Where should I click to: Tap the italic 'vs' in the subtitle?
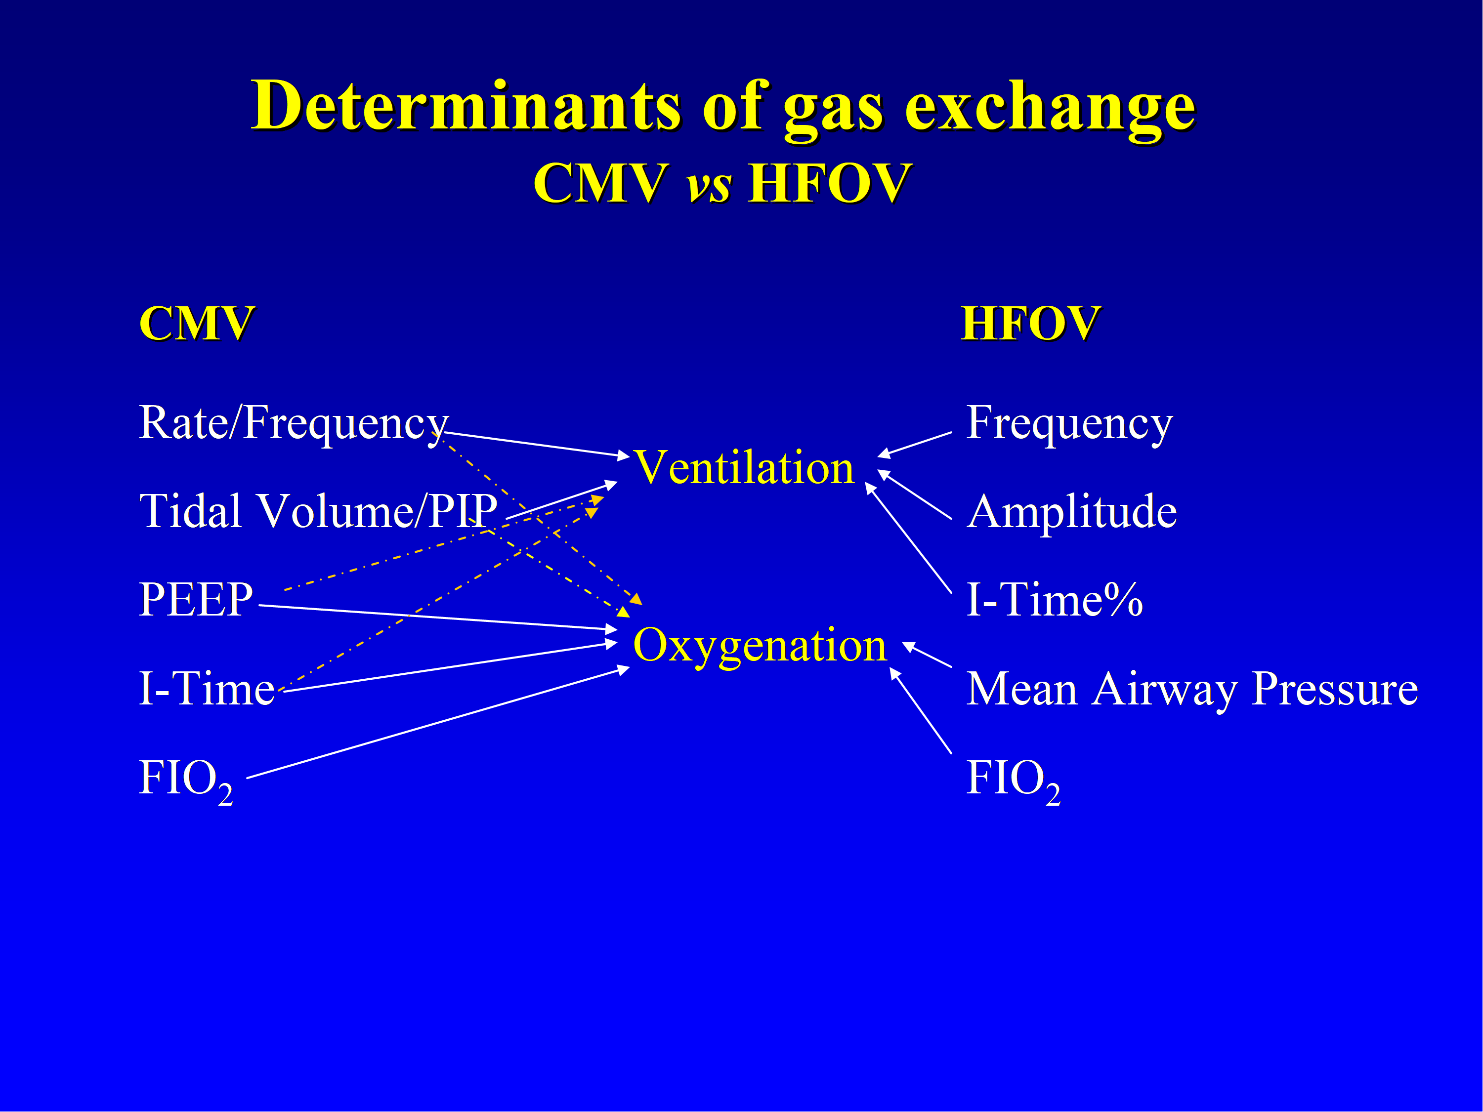[x=709, y=184]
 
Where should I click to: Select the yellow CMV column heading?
[x=197, y=323]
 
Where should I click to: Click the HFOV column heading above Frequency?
[x=1030, y=323]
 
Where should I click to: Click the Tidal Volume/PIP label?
[x=318, y=511]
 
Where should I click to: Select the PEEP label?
[x=196, y=599]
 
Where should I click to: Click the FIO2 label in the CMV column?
[x=186, y=780]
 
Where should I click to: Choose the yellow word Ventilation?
[x=744, y=467]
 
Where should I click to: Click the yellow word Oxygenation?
[x=760, y=647]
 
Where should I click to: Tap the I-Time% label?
[x=1055, y=599]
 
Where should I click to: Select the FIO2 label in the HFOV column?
[x=1013, y=780]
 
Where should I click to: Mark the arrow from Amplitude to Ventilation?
[x=915, y=494]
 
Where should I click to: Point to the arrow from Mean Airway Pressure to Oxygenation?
[x=927, y=655]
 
